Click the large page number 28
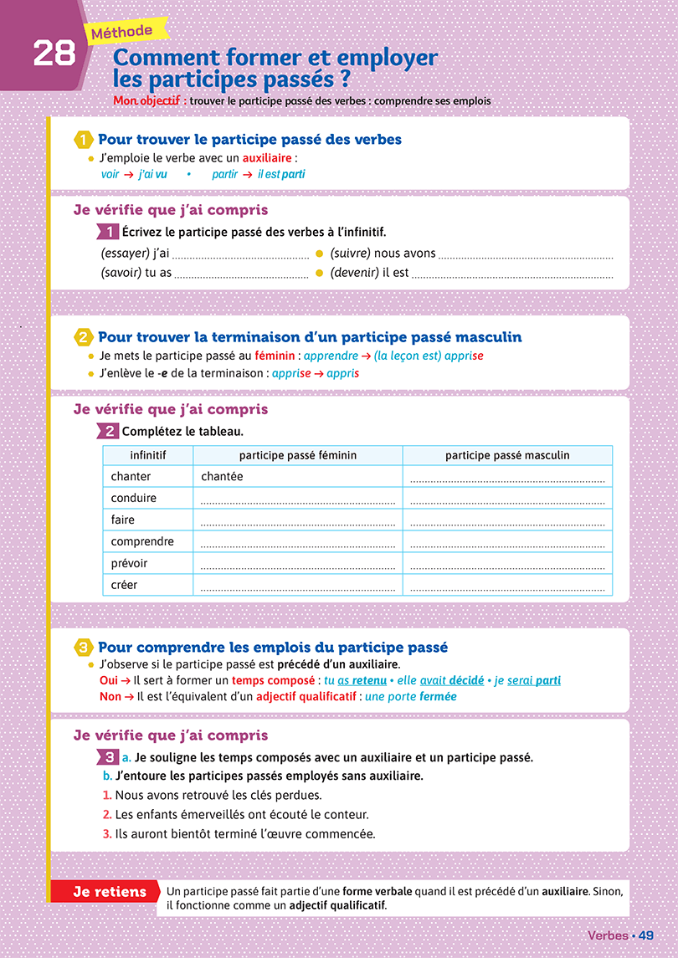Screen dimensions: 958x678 pyautogui.click(x=54, y=54)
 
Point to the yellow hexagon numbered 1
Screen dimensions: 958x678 pyautogui.click(x=84, y=140)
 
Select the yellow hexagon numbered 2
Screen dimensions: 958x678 pyautogui.click(x=84, y=338)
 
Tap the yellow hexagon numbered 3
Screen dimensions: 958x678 pyautogui.click(x=84, y=648)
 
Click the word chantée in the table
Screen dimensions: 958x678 pyautogui.click(x=223, y=476)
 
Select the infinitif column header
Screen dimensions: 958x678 pyautogui.click(x=148, y=455)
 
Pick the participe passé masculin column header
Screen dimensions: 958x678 pyautogui.click(x=507, y=455)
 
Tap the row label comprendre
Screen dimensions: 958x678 pyautogui.click(x=142, y=541)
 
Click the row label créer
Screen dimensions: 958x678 pyautogui.click(x=125, y=585)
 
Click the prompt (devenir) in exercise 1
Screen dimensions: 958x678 pyautogui.click(x=355, y=273)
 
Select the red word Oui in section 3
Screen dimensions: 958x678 pyautogui.click(x=98, y=681)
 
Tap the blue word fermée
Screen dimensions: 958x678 pyautogui.click(x=438, y=697)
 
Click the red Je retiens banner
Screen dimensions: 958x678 pyautogui.click(x=105, y=892)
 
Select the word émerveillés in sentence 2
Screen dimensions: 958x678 pyautogui.click(x=217, y=815)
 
